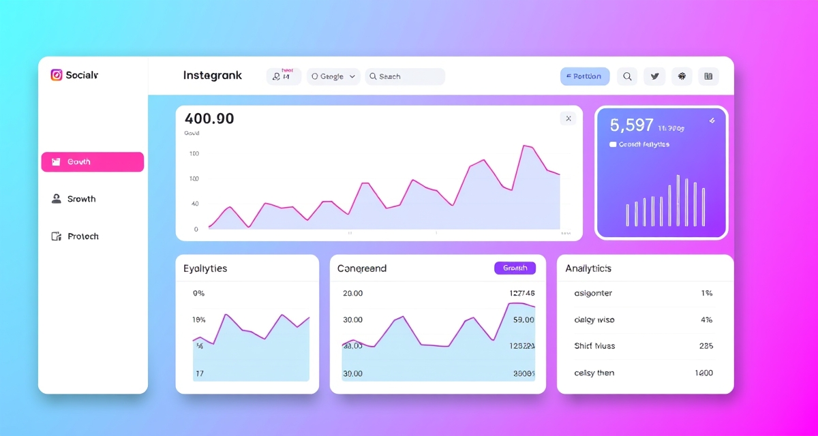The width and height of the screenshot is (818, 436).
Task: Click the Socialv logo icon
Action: pos(57,75)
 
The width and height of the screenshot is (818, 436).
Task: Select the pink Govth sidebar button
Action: pos(93,162)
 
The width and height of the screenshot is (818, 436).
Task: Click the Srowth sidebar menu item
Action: pos(81,199)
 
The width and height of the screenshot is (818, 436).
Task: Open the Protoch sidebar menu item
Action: pos(82,236)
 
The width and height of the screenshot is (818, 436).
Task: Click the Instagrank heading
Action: pos(212,76)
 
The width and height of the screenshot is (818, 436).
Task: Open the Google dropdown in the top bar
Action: pos(333,76)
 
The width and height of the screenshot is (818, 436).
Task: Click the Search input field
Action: pos(405,76)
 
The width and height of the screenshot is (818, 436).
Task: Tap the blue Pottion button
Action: pos(584,76)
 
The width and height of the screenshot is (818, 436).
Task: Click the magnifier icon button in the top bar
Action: pos(628,76)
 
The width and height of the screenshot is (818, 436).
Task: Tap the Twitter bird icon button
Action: pos(655,76)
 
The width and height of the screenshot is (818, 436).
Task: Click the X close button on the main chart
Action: pos(568,119)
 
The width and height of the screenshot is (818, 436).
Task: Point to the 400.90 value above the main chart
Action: pos(209,119)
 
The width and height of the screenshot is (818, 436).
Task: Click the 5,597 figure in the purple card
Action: pos(632,125)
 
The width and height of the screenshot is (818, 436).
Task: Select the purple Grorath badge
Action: pos(515,268)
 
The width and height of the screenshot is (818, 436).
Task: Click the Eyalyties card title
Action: pos(205,268)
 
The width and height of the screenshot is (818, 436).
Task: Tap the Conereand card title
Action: pos(362,268)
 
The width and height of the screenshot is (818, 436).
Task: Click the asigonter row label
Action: pos(593,294)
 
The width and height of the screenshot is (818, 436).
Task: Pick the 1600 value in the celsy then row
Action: pos(703,373)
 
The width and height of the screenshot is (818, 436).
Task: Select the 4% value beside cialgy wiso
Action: pos(706,320)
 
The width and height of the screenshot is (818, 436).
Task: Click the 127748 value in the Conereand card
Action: pos(522,294)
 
